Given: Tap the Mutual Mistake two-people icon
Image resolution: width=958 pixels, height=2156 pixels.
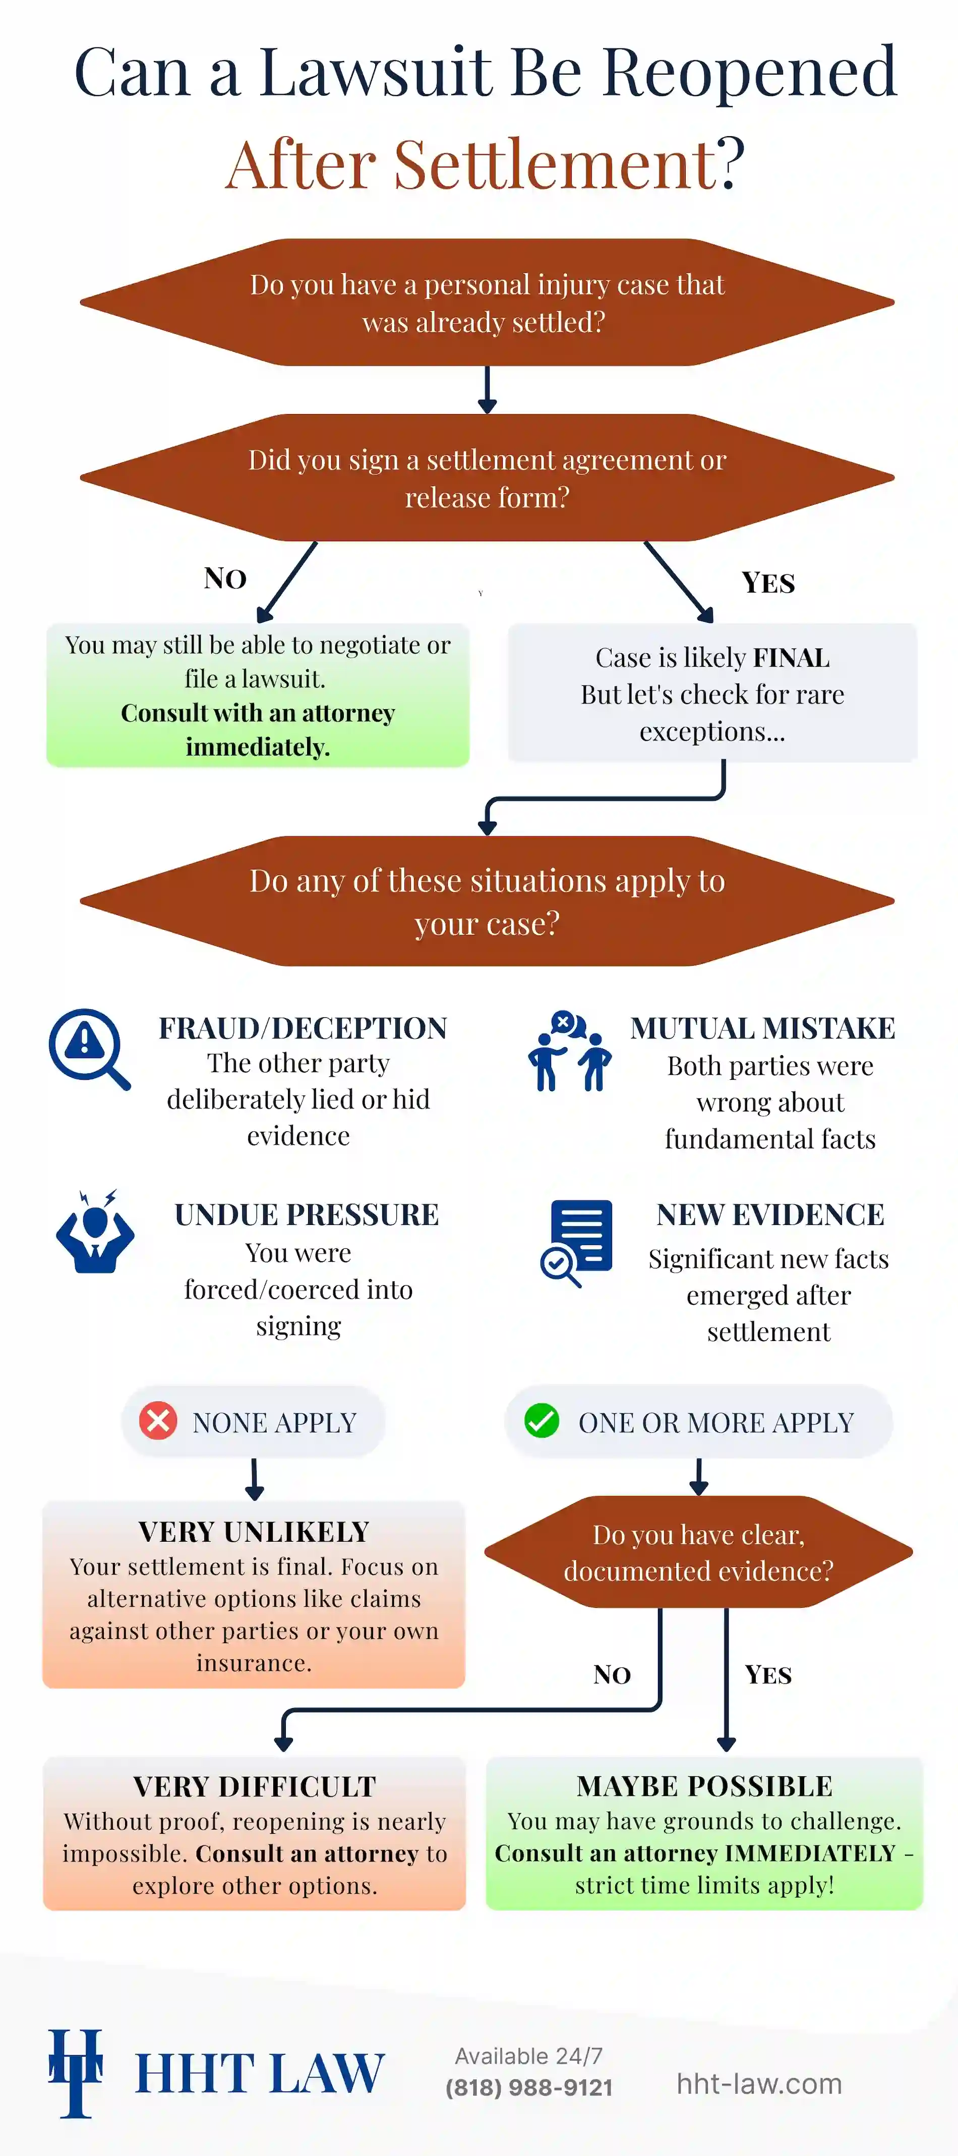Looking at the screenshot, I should click(x=570, y=1051).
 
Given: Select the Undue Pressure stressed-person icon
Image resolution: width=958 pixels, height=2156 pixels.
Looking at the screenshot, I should click(x=95, y=1232).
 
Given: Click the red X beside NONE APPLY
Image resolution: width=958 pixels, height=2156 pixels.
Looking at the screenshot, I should click(x=158, y=1421).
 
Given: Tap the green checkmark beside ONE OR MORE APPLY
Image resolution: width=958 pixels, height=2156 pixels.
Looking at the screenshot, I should click(x=542, y=1421).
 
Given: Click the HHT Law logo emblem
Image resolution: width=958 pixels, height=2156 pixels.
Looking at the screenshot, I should click(x=75, y=2072).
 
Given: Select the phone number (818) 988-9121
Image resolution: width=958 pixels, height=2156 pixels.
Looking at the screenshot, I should click(x=529, y=2087).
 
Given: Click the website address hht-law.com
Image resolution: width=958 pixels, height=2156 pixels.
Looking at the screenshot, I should click(x=759, y=2083).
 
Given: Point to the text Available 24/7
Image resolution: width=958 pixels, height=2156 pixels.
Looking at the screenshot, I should click(x=529, y=2056).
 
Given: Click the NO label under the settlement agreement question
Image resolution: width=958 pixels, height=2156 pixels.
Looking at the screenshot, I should click(x=225, y=578).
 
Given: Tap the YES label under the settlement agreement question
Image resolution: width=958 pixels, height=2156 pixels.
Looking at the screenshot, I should click(x=768, y=582).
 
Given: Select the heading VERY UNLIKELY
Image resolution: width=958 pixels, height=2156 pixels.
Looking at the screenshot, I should click(x=254, y=1532).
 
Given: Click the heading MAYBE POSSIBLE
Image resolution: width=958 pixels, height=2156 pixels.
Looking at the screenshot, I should click(x=704, y=1786).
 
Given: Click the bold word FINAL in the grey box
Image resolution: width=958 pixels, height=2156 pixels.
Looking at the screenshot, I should click(x=791, y=658).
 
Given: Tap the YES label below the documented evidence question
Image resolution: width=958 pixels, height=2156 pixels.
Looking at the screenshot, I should click(x=768, y=1675).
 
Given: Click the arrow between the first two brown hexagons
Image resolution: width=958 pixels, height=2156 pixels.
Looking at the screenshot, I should click(x=487, y=389).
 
